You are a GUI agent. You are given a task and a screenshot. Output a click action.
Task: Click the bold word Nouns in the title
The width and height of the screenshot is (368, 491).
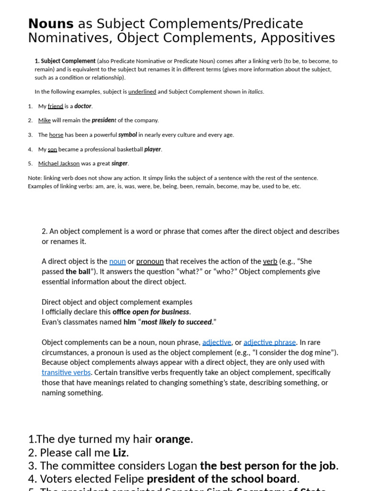(51, 23)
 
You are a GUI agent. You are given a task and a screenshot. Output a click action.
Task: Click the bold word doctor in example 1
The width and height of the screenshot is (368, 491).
(83, 106)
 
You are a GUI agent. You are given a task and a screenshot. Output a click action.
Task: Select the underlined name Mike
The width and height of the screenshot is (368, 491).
(45, 120)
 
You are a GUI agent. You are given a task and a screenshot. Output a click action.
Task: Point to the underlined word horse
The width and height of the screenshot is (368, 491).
(56, 135)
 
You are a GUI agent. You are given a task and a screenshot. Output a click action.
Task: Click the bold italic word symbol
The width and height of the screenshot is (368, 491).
(128, 135)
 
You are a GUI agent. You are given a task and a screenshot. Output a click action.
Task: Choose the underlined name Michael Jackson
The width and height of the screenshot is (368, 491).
(59, 164)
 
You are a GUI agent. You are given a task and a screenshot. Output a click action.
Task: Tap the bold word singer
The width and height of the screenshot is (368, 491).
(120, 164)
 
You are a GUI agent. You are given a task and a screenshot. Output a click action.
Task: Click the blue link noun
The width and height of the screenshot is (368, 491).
(117, 261)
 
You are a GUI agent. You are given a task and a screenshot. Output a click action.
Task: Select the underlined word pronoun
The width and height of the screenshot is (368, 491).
(150, 261)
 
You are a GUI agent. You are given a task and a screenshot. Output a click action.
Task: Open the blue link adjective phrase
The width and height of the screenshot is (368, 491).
(270, 342)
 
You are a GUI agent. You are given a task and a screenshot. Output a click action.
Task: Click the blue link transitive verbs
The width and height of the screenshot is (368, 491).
(66, 372)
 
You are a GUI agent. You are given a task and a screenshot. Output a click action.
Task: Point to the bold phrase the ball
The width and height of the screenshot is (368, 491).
(78, 271)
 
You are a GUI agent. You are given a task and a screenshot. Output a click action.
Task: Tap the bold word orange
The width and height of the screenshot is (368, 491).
(172, 439)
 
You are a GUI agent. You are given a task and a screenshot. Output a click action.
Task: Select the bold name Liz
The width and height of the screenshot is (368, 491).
(119, 452)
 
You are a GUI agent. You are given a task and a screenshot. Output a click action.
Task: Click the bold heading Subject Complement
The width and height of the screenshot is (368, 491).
(68, 61)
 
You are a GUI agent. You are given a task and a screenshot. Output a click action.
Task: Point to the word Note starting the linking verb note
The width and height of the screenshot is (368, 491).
(35, 178)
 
